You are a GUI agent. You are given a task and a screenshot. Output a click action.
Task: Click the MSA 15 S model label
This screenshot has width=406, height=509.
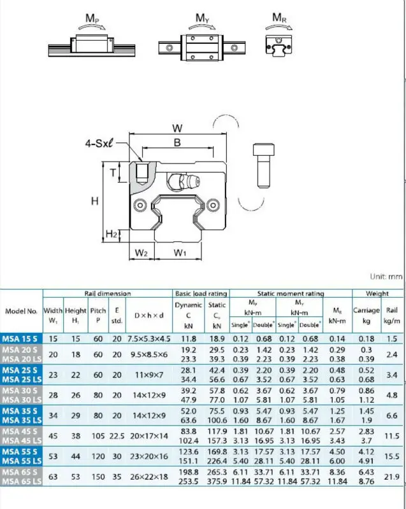(x=20, y=339)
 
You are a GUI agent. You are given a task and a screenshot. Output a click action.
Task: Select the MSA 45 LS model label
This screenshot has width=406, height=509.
(x=22, y=441)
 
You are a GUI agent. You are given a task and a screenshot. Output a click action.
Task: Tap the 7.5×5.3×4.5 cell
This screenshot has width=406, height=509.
(x=149, y=339)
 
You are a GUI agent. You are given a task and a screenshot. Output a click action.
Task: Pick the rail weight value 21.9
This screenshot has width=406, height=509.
(x=392, y=477)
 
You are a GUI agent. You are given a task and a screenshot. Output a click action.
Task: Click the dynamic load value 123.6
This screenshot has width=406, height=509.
(x=189, y=452)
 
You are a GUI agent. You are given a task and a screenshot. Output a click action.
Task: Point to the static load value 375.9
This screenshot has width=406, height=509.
(x=217, y=482)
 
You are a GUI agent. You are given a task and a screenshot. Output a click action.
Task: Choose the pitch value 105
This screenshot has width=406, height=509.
(x=98, y=436)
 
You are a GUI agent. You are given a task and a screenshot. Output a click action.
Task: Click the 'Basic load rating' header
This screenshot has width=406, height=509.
(x=201, y=294)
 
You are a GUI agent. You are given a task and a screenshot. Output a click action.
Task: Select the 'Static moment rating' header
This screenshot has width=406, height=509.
(x=291, y=294)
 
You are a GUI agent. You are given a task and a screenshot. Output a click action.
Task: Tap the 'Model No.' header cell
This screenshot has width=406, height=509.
(x=21, y=311)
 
